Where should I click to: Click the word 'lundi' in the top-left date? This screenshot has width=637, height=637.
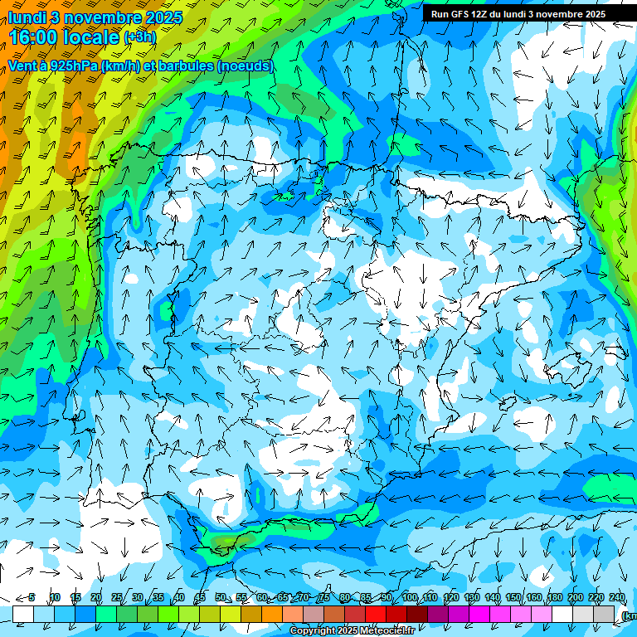[27, 17]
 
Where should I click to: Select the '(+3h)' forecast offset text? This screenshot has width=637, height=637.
[139, 37]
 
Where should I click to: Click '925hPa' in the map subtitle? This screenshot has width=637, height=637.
[73, 66]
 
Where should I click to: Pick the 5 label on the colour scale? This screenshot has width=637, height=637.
[32, 598]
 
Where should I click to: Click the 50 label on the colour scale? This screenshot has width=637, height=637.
[220, 598]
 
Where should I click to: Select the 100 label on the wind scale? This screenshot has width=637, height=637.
[409, 598]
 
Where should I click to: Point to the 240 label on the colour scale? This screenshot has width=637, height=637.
[616, 598]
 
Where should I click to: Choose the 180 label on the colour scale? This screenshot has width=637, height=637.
[554, 598]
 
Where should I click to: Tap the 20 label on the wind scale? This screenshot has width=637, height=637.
[95, 598]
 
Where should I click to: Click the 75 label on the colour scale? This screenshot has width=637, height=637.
[323, 598]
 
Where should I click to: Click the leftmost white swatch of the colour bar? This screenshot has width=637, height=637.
[22, 613]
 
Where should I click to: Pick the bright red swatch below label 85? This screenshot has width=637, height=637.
[376, 613]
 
